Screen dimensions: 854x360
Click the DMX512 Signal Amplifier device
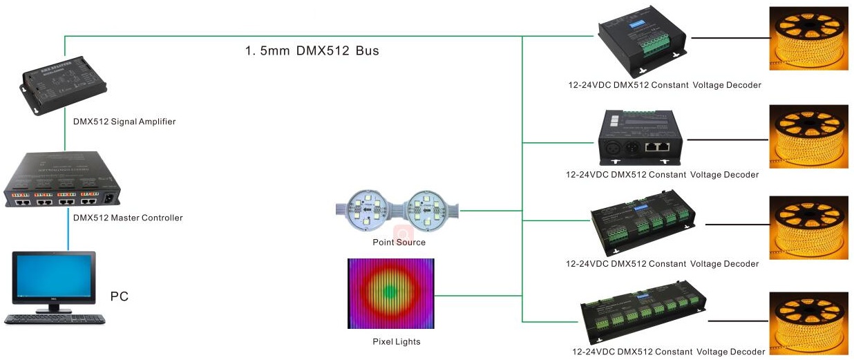click(x=64, y=85)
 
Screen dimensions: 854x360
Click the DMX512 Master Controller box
click(x=62, y=179)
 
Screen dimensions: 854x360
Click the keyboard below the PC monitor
click(x=55, y=319)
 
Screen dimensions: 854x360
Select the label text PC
click(x=120, y=296)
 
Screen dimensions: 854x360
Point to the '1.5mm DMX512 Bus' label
click(x=312, y=50)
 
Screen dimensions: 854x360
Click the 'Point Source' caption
click(x=399, y=242)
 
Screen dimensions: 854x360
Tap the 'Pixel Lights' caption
click(x=397, y=342)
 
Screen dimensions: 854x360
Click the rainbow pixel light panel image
click(x=391, y=293)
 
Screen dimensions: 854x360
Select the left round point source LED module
click(x=366, y=210)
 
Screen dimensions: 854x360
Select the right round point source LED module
click(x=428, y=210)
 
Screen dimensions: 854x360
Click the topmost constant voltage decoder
click(x=642, y=42)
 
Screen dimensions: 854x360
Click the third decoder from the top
click(x=643, y=222)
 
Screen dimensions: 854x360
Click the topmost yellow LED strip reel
click(x=808, y=38)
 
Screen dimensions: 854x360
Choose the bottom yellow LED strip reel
click(x=808, y=323)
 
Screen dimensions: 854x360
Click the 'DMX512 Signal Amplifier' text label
click(x=124, y=122)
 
